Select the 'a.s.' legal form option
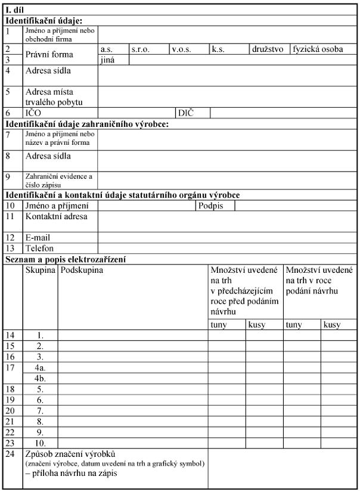point(107,50)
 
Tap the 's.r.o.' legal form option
point(141,50)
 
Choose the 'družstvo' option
point(268,50)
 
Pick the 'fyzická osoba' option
point(318,50)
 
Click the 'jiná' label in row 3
point(108,60)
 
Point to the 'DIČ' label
point(186,112)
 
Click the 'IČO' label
point(33,112)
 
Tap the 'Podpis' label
point(209,205)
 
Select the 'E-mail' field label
point(37,237)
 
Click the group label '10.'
point(40,443)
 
